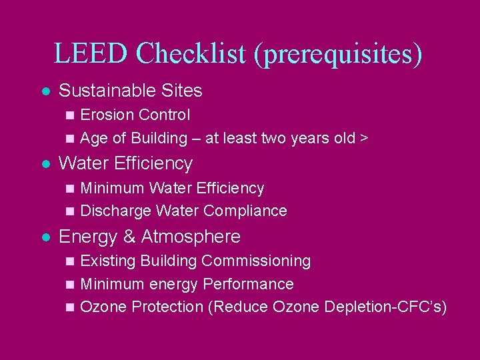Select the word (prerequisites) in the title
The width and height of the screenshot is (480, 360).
338,54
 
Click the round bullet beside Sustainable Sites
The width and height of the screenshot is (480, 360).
45,91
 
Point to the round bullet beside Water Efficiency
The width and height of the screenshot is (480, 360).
45,164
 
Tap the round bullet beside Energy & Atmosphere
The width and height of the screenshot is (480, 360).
45,237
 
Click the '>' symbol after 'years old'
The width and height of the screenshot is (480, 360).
364,139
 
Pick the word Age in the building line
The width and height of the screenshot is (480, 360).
93,139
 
